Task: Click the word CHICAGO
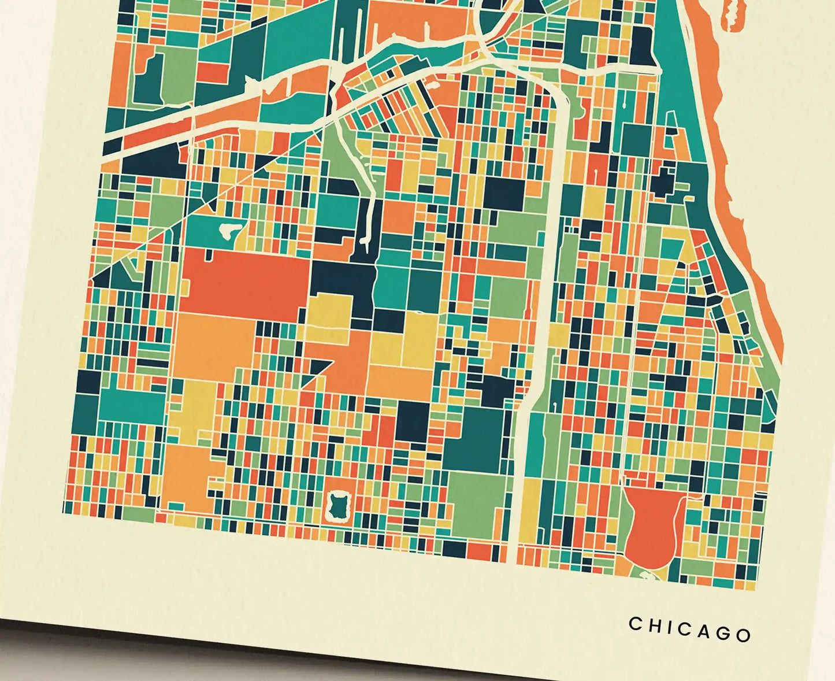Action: tap(690, 628)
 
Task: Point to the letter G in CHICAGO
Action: tap(724, 632)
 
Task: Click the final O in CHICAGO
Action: tap(744, 635)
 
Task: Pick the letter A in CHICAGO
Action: tap(705, 630)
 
